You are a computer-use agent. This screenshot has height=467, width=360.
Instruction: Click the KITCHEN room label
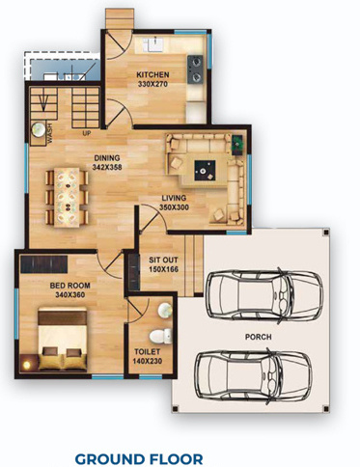coord(152,74)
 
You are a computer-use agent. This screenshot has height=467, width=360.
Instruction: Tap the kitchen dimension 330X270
coord(152,85)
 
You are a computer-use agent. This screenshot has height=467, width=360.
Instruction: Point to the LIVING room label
coord(174,198)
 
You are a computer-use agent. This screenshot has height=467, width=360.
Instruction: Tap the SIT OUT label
coord(162,261)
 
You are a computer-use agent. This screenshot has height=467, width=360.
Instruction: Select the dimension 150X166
coord(162,271)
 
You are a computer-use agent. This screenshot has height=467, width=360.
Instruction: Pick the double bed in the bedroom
coord(59,340)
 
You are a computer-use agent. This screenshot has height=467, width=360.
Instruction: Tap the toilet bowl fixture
coord(164,335)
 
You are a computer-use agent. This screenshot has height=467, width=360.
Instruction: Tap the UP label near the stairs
coord(87,133)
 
